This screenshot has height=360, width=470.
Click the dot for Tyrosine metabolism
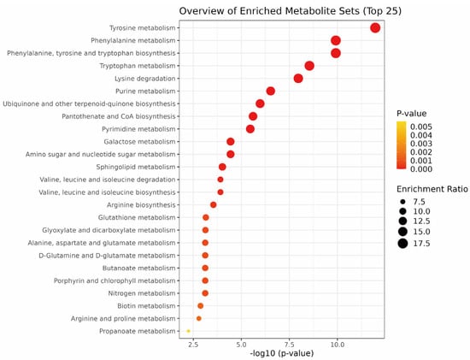[375, 28]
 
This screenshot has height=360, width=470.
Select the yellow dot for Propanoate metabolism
[188, 331]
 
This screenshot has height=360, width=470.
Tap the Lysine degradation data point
[298, 79]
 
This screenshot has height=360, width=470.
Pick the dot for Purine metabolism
[270, 91]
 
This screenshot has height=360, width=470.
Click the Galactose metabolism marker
[231, 142]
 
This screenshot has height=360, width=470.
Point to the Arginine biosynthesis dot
[213, 205]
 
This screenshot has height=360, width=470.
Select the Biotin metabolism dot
[201, 305]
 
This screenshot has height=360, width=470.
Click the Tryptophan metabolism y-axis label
[138, 66]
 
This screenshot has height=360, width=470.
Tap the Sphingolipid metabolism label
[136, 167]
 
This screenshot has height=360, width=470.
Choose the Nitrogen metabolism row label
[142, 293]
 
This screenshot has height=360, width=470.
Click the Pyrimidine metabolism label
[138, 129]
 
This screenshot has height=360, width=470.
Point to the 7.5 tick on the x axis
[289, 345]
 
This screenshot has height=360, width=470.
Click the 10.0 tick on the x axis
[338, 345]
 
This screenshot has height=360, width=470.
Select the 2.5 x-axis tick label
[193, 345]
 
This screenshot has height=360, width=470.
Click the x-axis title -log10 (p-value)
[282, 353]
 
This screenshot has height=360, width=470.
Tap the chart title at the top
[291, 11]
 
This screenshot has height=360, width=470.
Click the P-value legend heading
[412, 114]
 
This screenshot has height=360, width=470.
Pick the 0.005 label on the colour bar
[421, 127]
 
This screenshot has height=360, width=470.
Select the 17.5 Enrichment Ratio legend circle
[402, 244]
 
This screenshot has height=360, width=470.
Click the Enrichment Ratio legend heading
[432, 189]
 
